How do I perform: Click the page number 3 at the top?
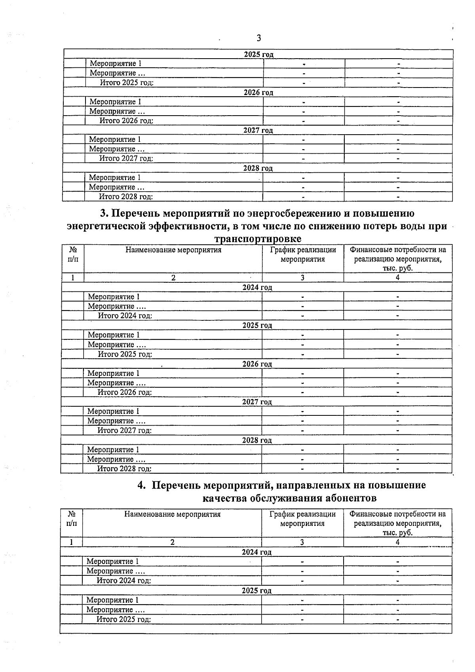(x=258, y=38)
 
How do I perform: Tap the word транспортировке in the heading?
(x=258, y=239)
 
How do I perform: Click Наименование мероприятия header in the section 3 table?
(x=173, y=250)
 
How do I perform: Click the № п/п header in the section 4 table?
(x=72, y=518)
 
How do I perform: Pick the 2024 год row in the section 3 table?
(x=257, y=287)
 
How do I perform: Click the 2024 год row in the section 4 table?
(x=256, y=552)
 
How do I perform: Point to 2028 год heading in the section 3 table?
(x=257, y=440)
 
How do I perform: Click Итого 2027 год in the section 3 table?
(x=125, y=430)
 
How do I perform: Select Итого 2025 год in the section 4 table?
(x=124, y=619)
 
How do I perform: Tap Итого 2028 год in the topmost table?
(x=126, y=196)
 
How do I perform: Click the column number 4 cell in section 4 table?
(x=397, y=542)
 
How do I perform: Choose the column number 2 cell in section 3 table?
(x=173, y=278)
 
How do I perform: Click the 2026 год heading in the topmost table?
(x=258, y=93)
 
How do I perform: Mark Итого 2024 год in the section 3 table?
(x=125, y=316)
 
